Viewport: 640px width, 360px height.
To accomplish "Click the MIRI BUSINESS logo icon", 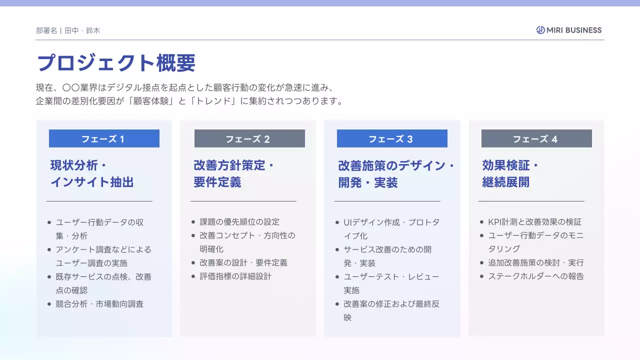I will [x=540, y=30].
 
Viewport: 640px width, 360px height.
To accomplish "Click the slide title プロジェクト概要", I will [x=116, y=63].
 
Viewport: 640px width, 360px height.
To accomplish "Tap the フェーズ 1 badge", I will [x=104, y=138].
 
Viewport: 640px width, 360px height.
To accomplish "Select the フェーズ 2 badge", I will [x=249, y=138].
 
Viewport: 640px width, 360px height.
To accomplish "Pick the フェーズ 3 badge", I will [x=392, y=138].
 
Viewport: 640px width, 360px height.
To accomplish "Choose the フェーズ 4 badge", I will [x=536, y=138].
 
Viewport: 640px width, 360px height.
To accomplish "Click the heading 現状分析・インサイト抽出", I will [x=92, y=173].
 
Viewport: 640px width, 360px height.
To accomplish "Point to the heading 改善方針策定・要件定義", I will [x=234, y=173].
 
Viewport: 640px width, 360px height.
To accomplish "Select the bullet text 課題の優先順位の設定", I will [x=239, y=222].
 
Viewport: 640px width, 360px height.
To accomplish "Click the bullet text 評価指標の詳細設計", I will [x=235, y=276].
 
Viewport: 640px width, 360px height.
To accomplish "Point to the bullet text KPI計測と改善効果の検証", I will [x=534, y=222].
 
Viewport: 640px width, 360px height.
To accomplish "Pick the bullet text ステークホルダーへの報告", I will [x=535, y=276].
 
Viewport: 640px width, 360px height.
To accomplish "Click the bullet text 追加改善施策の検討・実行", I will [x=535, y=262].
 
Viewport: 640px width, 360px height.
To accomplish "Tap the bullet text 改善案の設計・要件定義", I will [x=243, y=262].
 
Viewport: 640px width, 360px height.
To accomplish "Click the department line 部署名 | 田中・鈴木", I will [x=68, y=30].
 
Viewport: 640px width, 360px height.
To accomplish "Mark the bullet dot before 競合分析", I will [x=49, y=304].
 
